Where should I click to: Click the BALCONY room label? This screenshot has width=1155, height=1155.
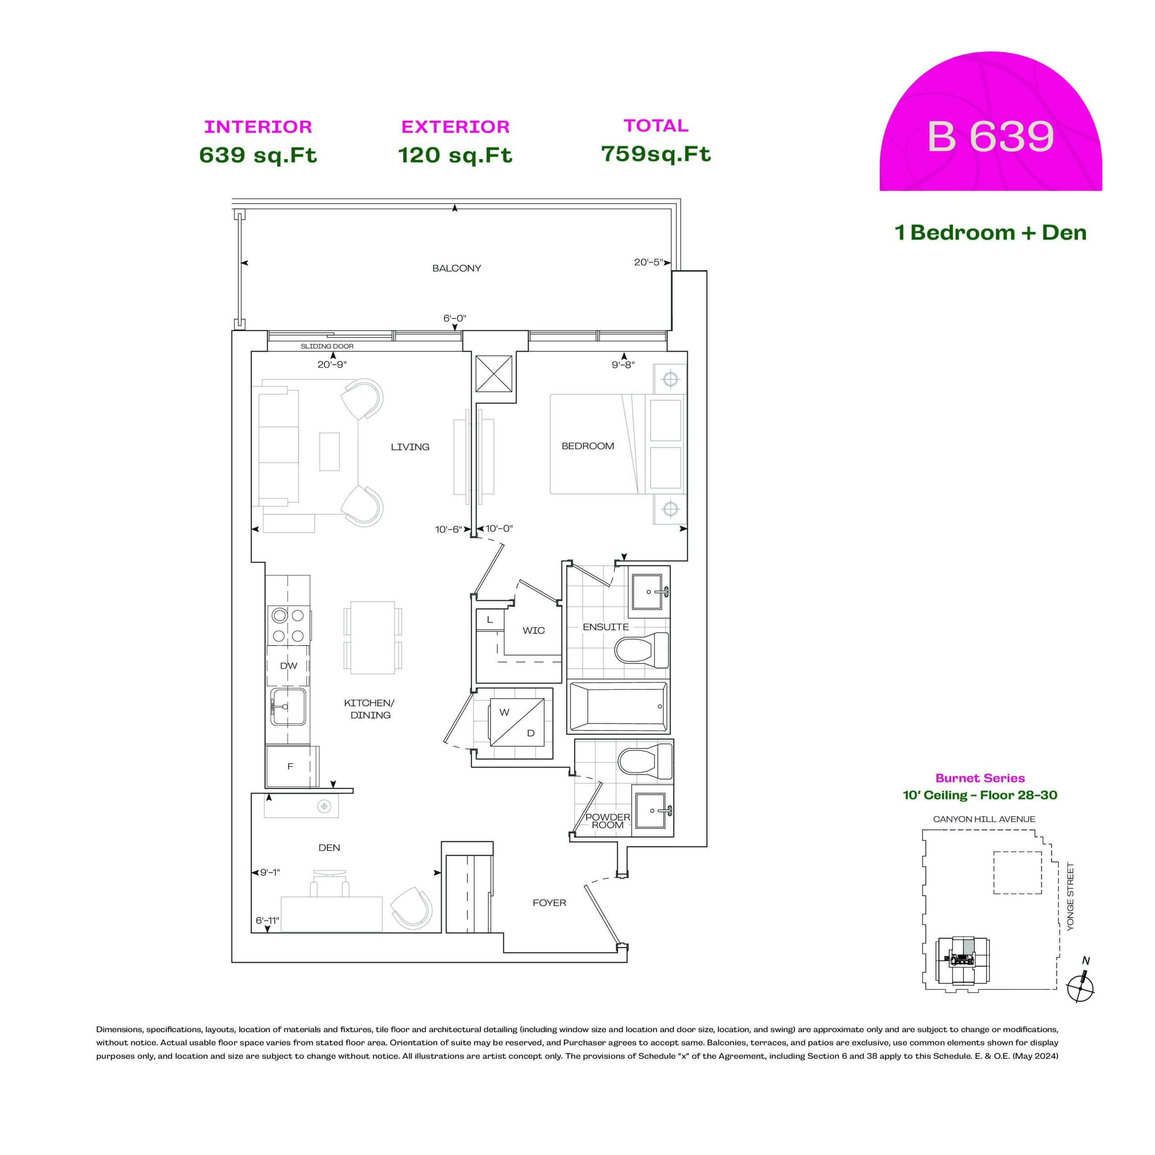point(457,268)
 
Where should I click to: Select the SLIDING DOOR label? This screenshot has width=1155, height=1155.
point(327,346)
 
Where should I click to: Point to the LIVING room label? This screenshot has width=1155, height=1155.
point(410,447)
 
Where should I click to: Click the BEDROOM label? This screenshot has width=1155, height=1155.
point(588,446)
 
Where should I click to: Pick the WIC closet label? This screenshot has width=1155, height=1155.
point(533,630)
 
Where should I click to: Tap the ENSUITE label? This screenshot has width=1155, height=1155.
point(605,627)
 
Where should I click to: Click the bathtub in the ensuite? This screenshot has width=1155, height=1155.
point(618,707)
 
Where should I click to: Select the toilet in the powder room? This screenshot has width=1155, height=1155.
point(646,762)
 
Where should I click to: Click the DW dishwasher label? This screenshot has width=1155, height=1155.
point(289,665)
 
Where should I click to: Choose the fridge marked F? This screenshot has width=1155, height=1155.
point(291,766)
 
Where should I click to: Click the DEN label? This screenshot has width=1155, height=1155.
point(329,848)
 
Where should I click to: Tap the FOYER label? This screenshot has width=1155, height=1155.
point(550,903)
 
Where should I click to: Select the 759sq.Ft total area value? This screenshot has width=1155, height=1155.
point(656,154)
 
